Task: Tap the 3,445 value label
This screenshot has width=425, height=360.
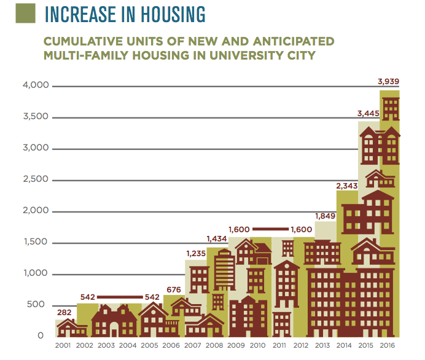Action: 369,114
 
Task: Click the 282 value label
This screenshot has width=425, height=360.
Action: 65,312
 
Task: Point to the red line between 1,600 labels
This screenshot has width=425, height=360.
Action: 271,229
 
